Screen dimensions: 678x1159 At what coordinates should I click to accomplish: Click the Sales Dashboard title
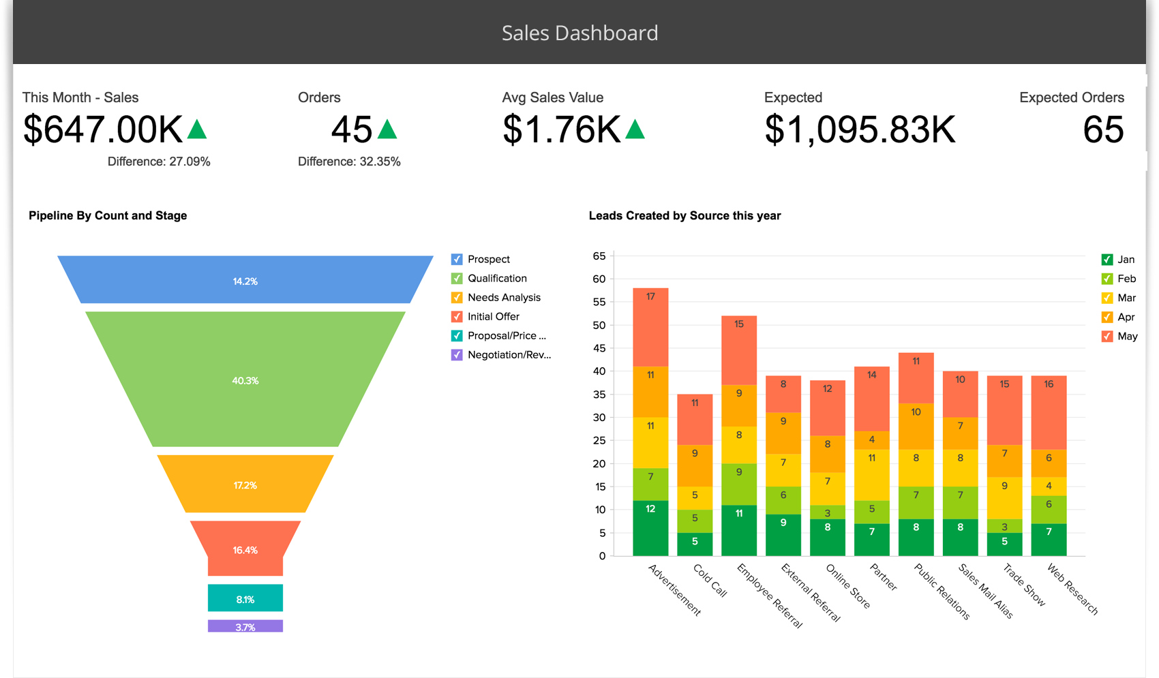(579, 33)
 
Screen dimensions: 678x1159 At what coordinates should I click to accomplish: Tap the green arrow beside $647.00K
(197, 129)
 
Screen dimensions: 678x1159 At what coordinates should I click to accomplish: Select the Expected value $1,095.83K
(860, 129)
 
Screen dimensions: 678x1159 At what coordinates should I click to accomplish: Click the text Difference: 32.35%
(349, 161)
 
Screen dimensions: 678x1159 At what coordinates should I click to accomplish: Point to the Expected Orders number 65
(1102, 129)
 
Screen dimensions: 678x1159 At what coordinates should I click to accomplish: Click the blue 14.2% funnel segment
(245, 280)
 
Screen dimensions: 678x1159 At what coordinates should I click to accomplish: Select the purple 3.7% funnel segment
(245, 626)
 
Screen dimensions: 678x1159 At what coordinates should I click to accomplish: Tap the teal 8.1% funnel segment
(245, 598)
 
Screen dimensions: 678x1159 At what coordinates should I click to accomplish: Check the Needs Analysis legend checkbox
(457, 298)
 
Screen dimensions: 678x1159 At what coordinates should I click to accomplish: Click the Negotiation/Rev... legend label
(509, 355)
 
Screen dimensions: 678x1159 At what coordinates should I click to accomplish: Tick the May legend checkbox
(1107, 337)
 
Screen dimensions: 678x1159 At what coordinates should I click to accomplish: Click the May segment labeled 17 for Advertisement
(650, 327)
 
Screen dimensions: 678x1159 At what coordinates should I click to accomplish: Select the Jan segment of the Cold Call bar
(695, 544)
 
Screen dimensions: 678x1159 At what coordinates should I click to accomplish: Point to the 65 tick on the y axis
(599, 256)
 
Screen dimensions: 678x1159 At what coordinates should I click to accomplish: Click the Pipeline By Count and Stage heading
(108, 215)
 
